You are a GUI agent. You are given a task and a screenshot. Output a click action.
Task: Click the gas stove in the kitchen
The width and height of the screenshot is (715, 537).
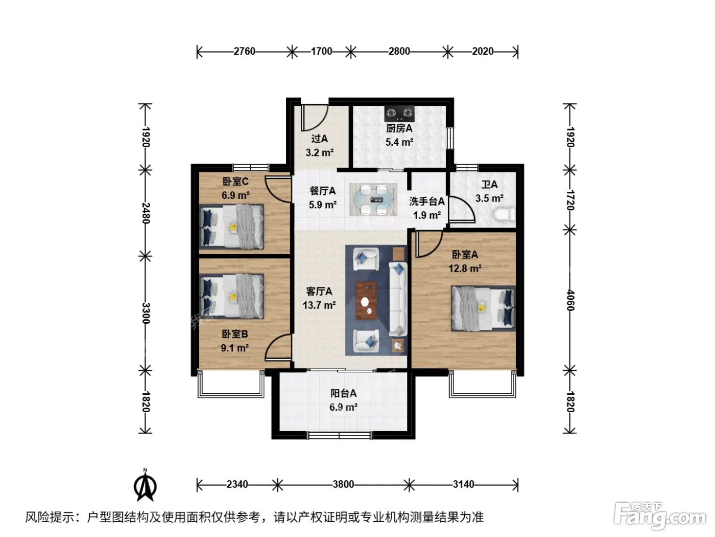pyautogui.click(x=399, y=113)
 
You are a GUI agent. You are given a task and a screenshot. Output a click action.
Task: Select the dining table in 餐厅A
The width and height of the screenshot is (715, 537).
pyautogui.click(x=373, y=199)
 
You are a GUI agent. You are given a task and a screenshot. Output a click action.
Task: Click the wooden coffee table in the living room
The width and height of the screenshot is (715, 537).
pyautogui.click(x=367, y=300)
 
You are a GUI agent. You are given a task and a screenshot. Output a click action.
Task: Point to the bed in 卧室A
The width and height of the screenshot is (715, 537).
pyautogui.click(x=483, y=308)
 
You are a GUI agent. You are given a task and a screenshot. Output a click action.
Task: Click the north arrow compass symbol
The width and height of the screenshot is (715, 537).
pyautogui.click(x=145, y=485)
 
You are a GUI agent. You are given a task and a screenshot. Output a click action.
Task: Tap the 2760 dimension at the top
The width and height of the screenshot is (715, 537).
pyautogui.click(x=244, y=52)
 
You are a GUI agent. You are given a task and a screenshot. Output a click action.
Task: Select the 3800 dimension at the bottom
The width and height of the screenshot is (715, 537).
pyautogui.click(x=343, y=484)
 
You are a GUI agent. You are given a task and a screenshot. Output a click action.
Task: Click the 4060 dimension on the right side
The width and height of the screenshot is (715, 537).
pyautogui.click(x=570, y=300)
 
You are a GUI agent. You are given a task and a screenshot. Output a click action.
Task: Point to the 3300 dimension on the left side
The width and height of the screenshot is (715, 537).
pyautogui.click(x=146, y=313)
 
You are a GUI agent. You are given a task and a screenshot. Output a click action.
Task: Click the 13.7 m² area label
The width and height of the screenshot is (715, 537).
pyautogui.click(x=319, y=305)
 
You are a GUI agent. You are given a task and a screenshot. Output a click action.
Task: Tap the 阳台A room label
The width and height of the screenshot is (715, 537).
pyautogui.click(x=343, y=393)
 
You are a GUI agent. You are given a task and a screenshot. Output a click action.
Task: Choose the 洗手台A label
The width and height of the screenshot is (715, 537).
pyautogui.click(x=427, y=202)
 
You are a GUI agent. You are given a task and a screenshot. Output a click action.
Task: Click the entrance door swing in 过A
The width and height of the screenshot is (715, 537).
pyautogui.click(x=314, y=118)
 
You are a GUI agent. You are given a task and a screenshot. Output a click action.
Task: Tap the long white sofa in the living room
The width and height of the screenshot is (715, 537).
pyautogui.click(x=398, y=299)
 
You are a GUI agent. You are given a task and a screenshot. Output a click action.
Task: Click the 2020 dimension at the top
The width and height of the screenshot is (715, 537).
pyautogui.click(x=483, y=52)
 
